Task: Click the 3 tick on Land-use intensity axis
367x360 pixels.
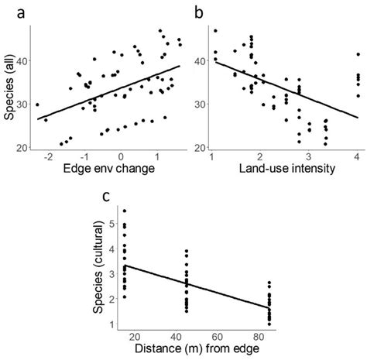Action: point(308,158)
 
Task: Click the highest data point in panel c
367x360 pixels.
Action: point(125,211)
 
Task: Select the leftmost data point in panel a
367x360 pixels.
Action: point(37,105)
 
